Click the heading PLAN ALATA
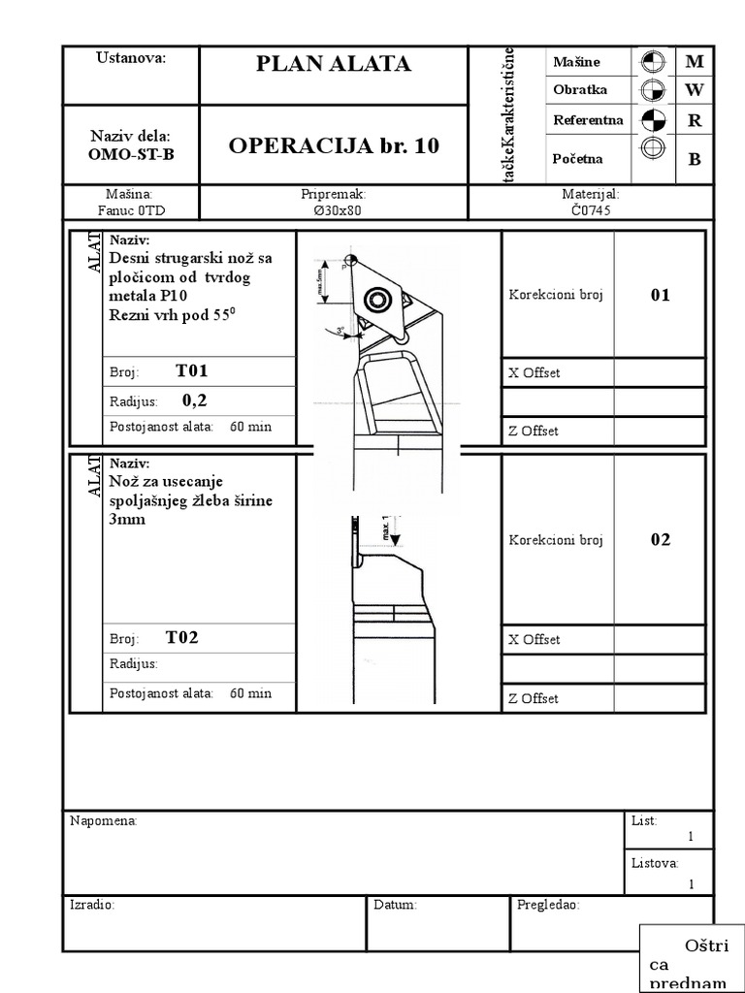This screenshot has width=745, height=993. [x=334, y=64]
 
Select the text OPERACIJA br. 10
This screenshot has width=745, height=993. [x=334, y=146]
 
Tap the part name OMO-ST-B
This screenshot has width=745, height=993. [x=131, y=154]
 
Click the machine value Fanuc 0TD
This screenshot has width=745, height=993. [x=131, y=209]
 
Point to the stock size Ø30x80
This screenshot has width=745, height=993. [x=333, y=209]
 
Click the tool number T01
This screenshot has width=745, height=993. [x=192, y=370]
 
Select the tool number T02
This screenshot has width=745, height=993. [x=182, y=637]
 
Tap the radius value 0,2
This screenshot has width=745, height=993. [x=195, y=400]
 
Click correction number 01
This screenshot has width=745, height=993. [x=661, y=296]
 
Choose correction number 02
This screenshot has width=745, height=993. [x=661, y=540]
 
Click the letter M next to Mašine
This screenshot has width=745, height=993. [x=694, y=61]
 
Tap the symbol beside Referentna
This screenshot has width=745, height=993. [x=653, y=120]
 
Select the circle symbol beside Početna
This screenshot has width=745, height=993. [x=653, y=149]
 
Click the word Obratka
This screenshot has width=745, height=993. [x=580, y=90]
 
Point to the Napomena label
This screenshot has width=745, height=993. [x=104, y=821]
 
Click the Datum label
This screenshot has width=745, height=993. [x=395, y=905]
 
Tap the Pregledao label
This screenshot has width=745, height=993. [x=548, y=905]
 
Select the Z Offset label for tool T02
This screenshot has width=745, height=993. [x=534, y=699]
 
